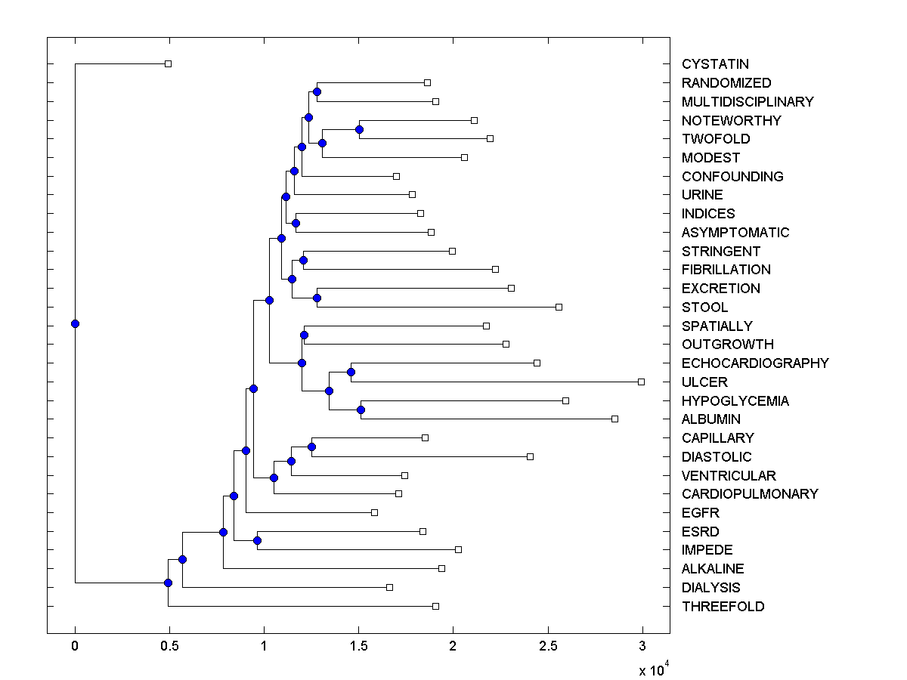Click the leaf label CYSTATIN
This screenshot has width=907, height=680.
point(715,64)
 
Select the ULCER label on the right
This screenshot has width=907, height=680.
point(704,382)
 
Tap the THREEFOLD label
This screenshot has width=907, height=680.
point(723,606)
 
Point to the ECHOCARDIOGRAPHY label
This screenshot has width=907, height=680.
point(754,363)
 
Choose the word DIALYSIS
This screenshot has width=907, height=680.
point(710,587)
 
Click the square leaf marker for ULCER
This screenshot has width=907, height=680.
point(641,382)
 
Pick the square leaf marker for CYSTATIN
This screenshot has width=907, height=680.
point(168,63)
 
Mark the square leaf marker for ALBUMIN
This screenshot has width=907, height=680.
point(614,419)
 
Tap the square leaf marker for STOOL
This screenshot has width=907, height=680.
point(559,307)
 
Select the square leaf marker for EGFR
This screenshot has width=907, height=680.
point(374,512)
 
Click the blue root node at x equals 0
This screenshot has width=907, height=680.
point(75,323)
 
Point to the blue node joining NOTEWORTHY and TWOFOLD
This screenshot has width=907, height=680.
point(359,129)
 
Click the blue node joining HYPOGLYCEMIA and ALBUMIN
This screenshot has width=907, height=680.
point(361,410)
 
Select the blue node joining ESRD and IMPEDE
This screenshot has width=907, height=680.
point(257,540)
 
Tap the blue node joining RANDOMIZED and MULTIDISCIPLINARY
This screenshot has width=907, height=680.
point(317,91)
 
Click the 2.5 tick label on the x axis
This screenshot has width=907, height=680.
point(548,645)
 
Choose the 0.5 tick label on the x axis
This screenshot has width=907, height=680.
point(169,645)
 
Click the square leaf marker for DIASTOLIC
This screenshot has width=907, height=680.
point(530,456)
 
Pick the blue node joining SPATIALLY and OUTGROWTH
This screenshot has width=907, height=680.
point(304,335)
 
